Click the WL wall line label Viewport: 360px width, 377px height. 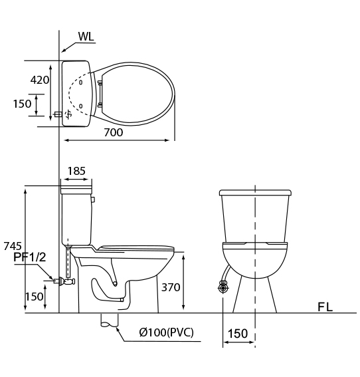tap(86, 37)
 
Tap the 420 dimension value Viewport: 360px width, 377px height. tap(40, 80)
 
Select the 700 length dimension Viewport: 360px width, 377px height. tap(114, 132)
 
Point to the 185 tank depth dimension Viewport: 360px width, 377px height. tap(76, 171)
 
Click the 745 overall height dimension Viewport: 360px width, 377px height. tap(13, 246)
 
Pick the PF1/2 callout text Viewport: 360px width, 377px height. tap(29, 257)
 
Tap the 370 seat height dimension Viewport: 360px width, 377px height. tap(171, 287)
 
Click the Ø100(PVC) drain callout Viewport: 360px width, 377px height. tap(166, 332)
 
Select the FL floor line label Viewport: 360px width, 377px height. tap(325, 307)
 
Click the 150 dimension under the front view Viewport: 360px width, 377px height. tap(238, 334)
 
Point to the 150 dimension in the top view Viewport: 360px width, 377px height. tap(22, 104)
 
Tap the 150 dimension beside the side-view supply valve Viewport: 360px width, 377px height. tap(35, 297)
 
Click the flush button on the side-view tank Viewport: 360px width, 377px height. tap(94, 199)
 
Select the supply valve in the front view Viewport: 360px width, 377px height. tap(223, 287)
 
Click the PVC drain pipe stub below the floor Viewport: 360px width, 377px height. tap(110, 320)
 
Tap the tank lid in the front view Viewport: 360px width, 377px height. tap(255, 193)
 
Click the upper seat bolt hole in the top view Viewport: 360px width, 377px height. tap(80, 82)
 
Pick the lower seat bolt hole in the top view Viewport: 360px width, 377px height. tap(80, 106)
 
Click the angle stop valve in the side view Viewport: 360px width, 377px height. tap(64, 281)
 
